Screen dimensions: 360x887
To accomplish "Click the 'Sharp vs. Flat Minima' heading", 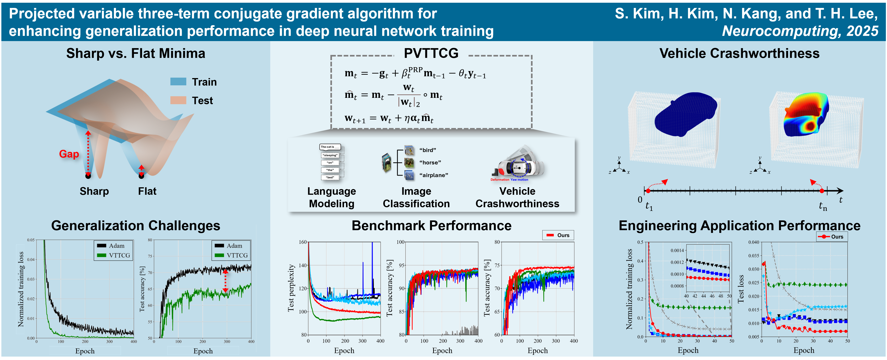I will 136,53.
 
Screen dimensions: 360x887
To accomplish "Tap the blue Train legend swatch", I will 178,82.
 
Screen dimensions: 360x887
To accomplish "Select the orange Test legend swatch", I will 178,100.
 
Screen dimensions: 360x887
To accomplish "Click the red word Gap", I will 69,154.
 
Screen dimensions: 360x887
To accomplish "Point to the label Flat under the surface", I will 147,191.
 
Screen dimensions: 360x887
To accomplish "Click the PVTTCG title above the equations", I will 431,53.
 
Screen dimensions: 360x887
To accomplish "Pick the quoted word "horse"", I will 430,163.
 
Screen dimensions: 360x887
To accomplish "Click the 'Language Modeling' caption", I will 332,197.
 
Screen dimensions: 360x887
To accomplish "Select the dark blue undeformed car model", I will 685,114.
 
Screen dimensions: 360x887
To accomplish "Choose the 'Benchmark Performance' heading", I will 431,226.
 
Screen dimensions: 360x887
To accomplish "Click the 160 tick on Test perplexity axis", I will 303,242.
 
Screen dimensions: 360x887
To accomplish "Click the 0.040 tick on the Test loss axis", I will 754,242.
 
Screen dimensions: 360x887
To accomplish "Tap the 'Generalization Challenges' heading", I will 136,226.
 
